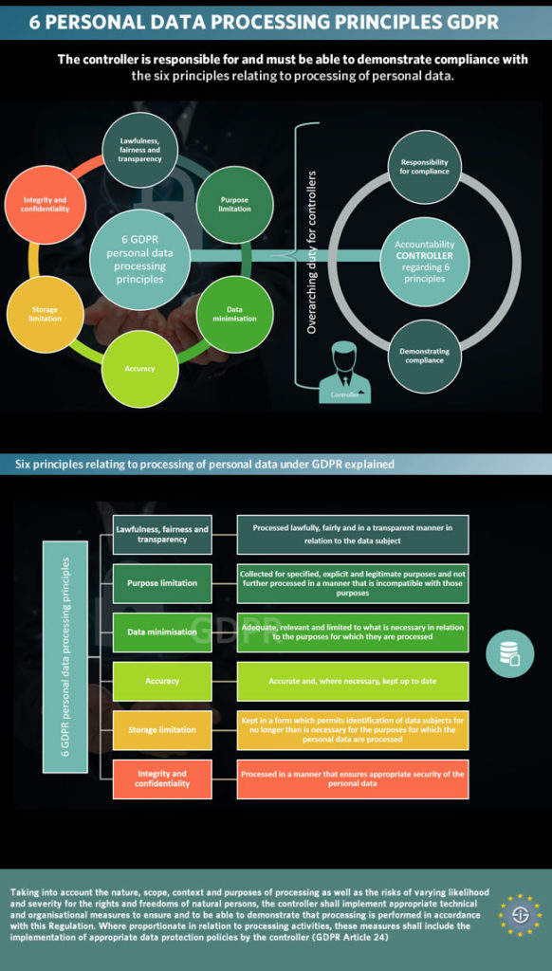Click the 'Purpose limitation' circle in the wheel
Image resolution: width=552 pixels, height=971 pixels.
coord(234,204)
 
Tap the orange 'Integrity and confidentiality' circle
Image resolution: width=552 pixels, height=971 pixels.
coord(45,204)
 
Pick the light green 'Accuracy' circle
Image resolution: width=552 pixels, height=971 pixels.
coord(139,368)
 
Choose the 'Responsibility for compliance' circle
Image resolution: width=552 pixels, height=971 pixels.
coord(424,167)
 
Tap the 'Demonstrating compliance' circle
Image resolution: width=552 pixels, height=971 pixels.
coord(424,357)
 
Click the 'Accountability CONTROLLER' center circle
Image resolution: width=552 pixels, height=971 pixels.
coord(424,261)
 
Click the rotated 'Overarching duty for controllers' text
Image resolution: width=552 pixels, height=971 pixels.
coord(312,252)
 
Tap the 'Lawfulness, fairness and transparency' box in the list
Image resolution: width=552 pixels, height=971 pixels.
coord(162,535)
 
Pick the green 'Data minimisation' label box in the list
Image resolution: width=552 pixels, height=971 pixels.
coord(162,632)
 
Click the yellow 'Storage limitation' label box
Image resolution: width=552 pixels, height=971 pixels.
coord(162,729)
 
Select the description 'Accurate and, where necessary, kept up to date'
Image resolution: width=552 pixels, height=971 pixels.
coord(352,681)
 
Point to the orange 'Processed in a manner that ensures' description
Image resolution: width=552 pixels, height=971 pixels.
coord(352,779)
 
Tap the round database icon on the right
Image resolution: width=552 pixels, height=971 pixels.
coord(510,654)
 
